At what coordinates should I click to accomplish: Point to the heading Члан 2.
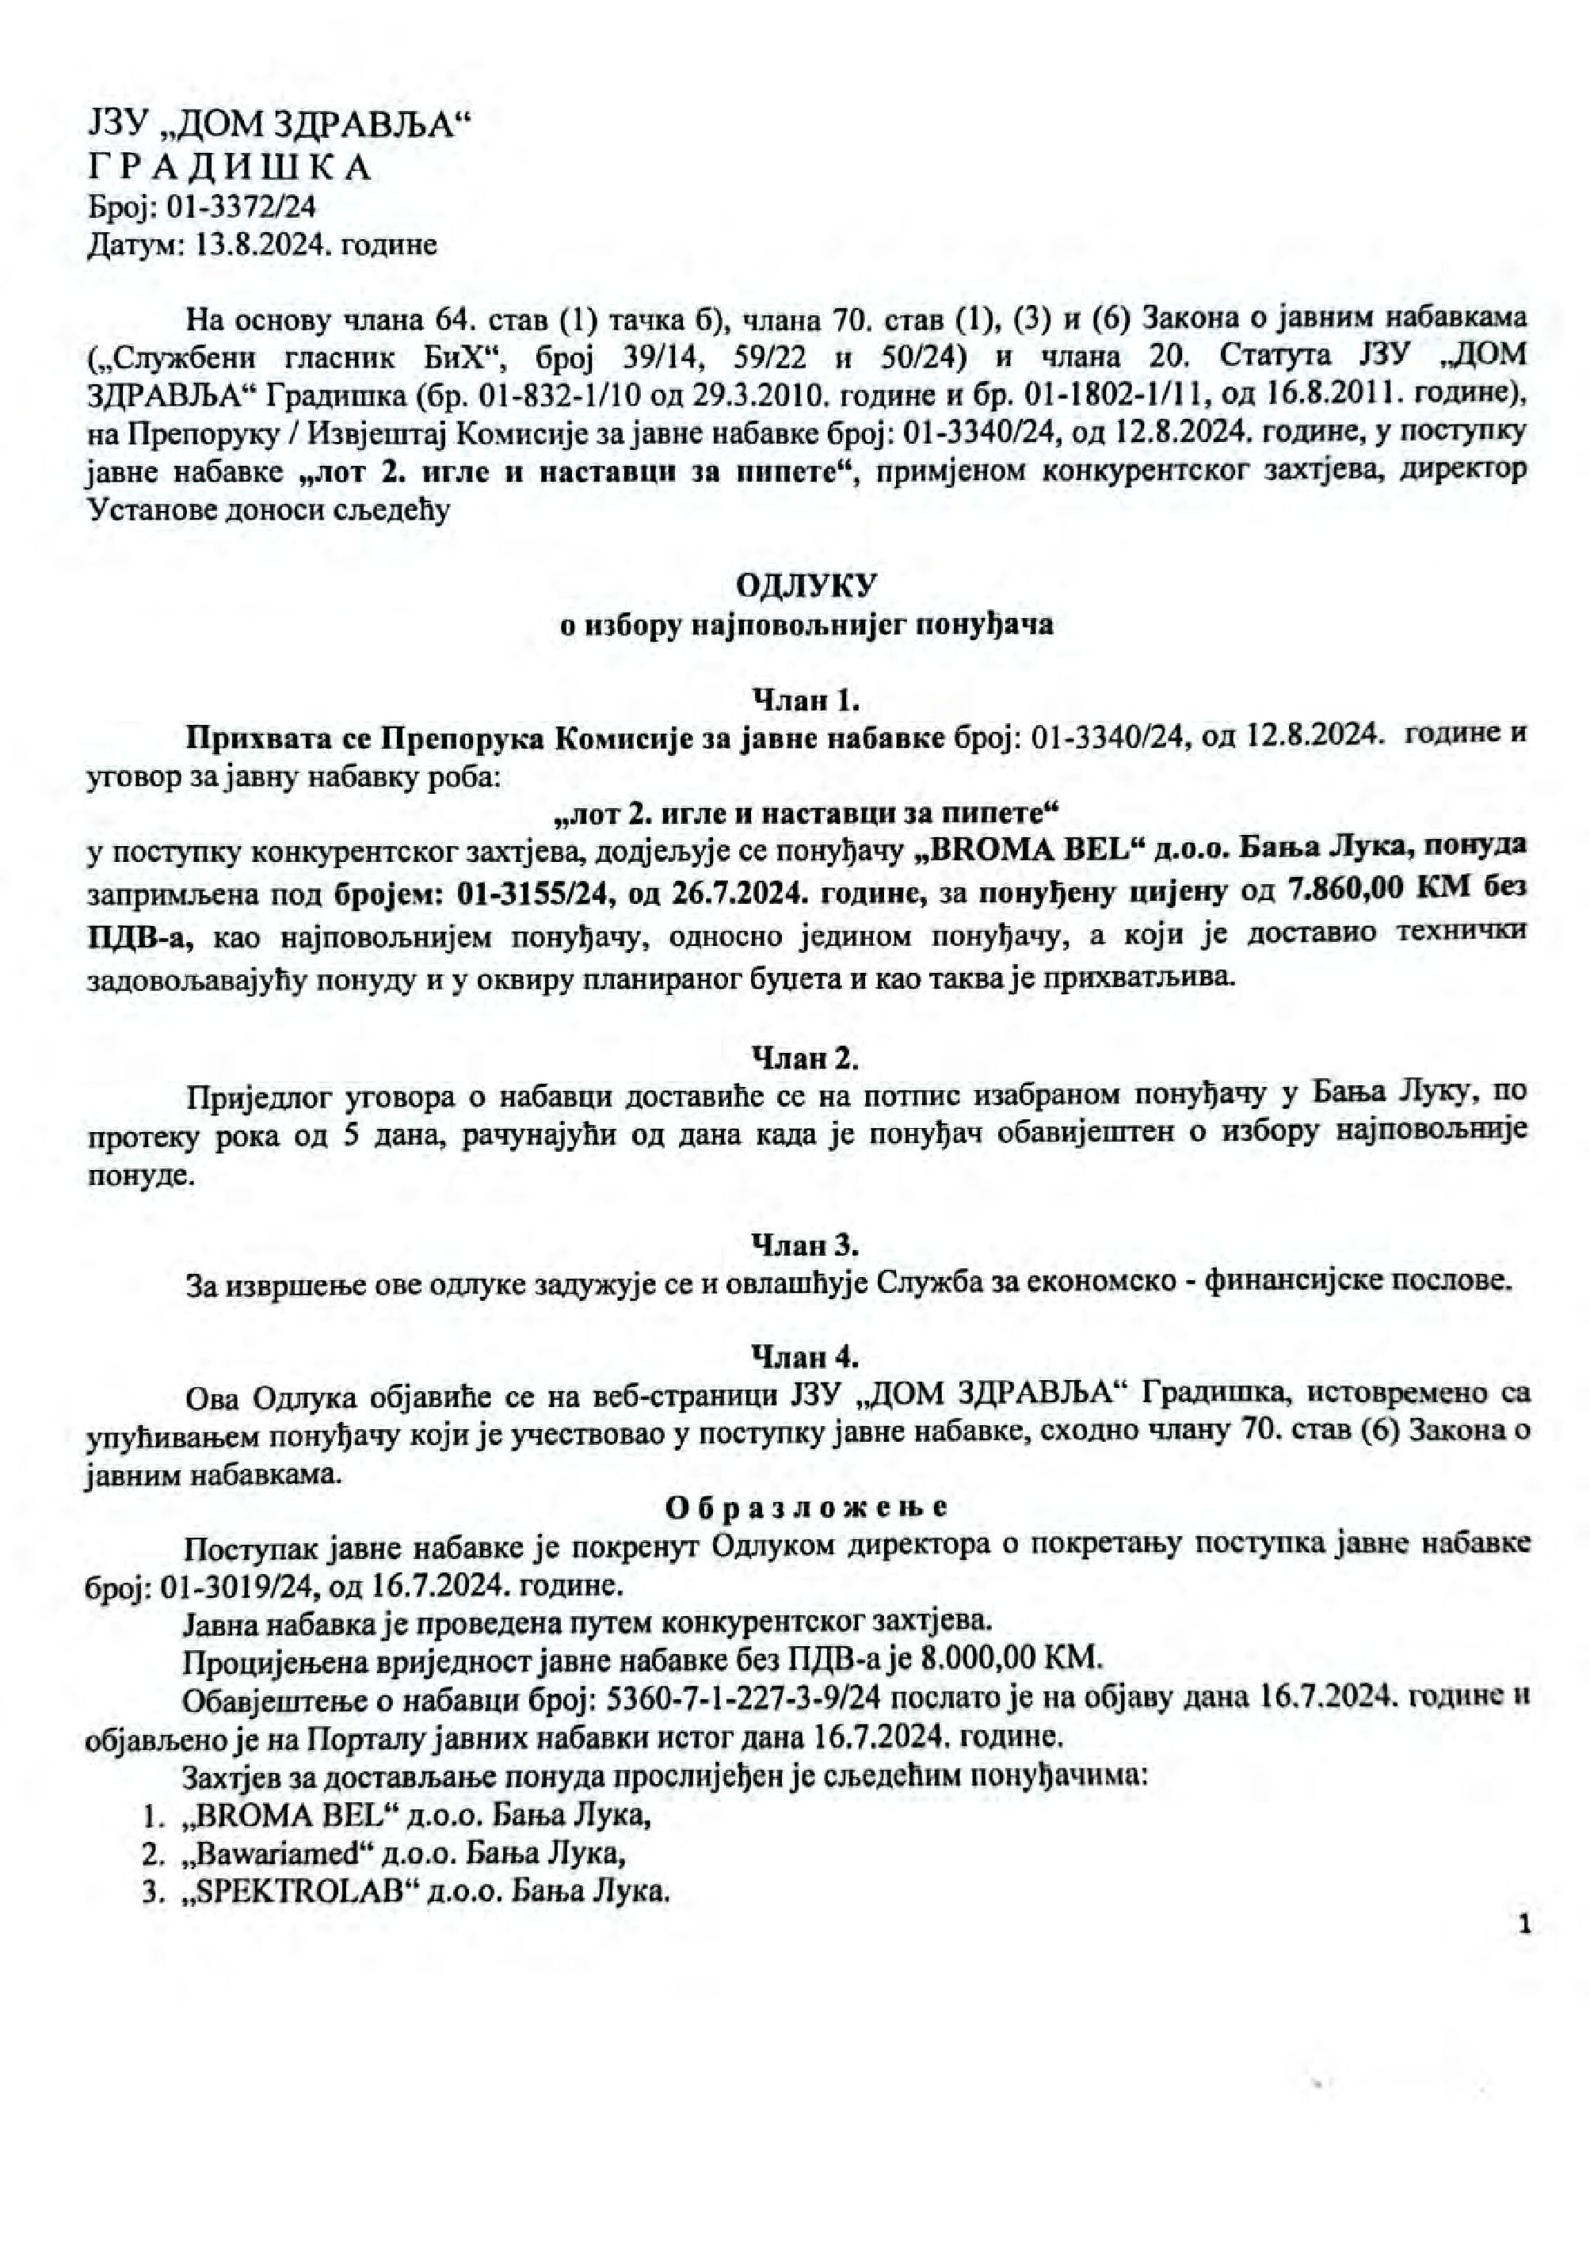click(806, 1058)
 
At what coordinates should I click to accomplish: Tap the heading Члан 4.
click(806, 1357)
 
